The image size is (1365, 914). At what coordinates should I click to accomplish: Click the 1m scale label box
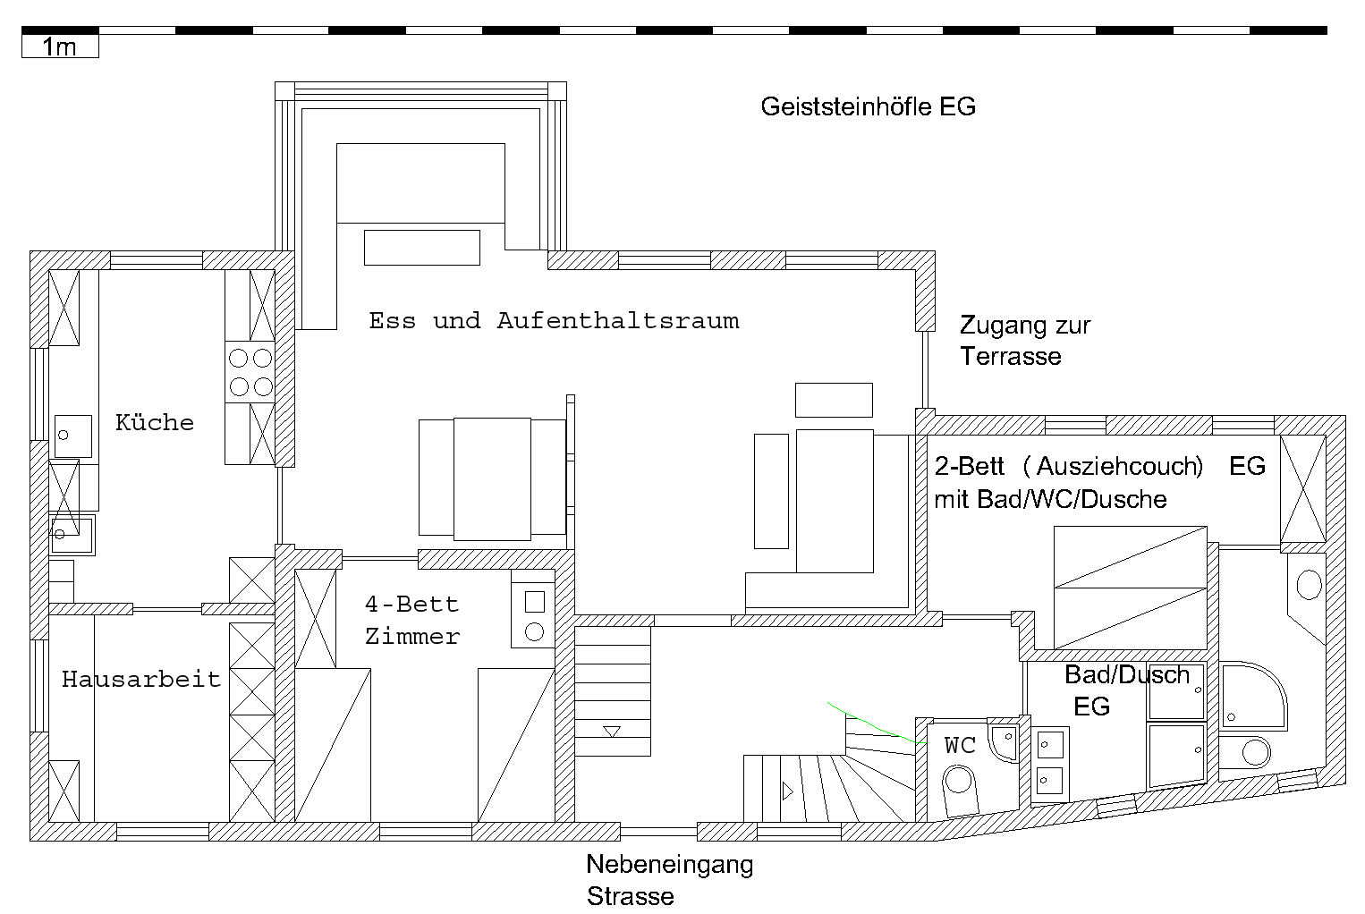(x=60, y=47)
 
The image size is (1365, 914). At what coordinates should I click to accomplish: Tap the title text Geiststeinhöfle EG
(x=868, y=106)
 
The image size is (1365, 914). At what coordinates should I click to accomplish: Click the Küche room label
(x=155, y=422)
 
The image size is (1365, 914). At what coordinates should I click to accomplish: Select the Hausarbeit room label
(x=141, y=679)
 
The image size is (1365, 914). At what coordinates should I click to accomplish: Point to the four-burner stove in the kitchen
(x=250, y=372)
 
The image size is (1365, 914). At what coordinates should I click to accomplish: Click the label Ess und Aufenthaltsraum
(x=554, y=320)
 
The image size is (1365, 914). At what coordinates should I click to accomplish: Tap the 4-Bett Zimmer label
(x=412, y=621)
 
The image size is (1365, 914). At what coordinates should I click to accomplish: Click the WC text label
(x=960, y=745)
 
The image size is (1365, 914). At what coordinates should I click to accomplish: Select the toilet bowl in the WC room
(x=959, y=791)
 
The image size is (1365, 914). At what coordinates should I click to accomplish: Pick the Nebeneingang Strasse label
(x=670, y=880)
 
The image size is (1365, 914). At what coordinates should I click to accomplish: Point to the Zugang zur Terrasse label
(x=1025, y=340)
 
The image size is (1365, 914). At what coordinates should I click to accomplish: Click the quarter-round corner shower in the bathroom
(x=1253, y=696)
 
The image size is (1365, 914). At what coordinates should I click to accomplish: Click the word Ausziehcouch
(x=1119, y=466)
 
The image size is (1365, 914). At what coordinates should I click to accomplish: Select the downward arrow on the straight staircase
(x=611, y=732)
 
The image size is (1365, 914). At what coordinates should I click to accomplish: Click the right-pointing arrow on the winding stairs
(x=788, y=791)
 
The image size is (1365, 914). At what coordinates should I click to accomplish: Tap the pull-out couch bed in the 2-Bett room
(x=1131, y=588)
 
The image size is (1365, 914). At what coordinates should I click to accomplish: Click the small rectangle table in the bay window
(x=421, y=248)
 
